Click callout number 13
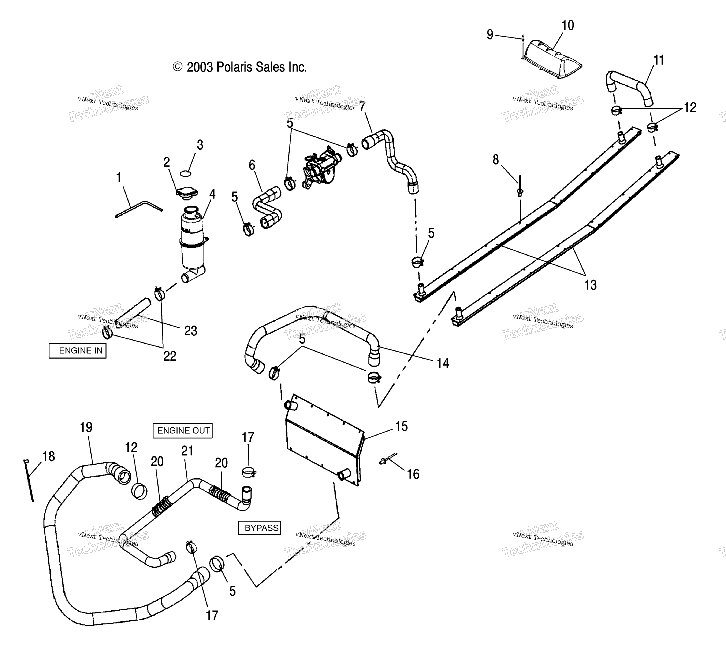click(590, 285)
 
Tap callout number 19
click(86, 427)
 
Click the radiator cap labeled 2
click(186, 193)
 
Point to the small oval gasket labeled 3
click(185, 174)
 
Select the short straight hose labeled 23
click(133, 312)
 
